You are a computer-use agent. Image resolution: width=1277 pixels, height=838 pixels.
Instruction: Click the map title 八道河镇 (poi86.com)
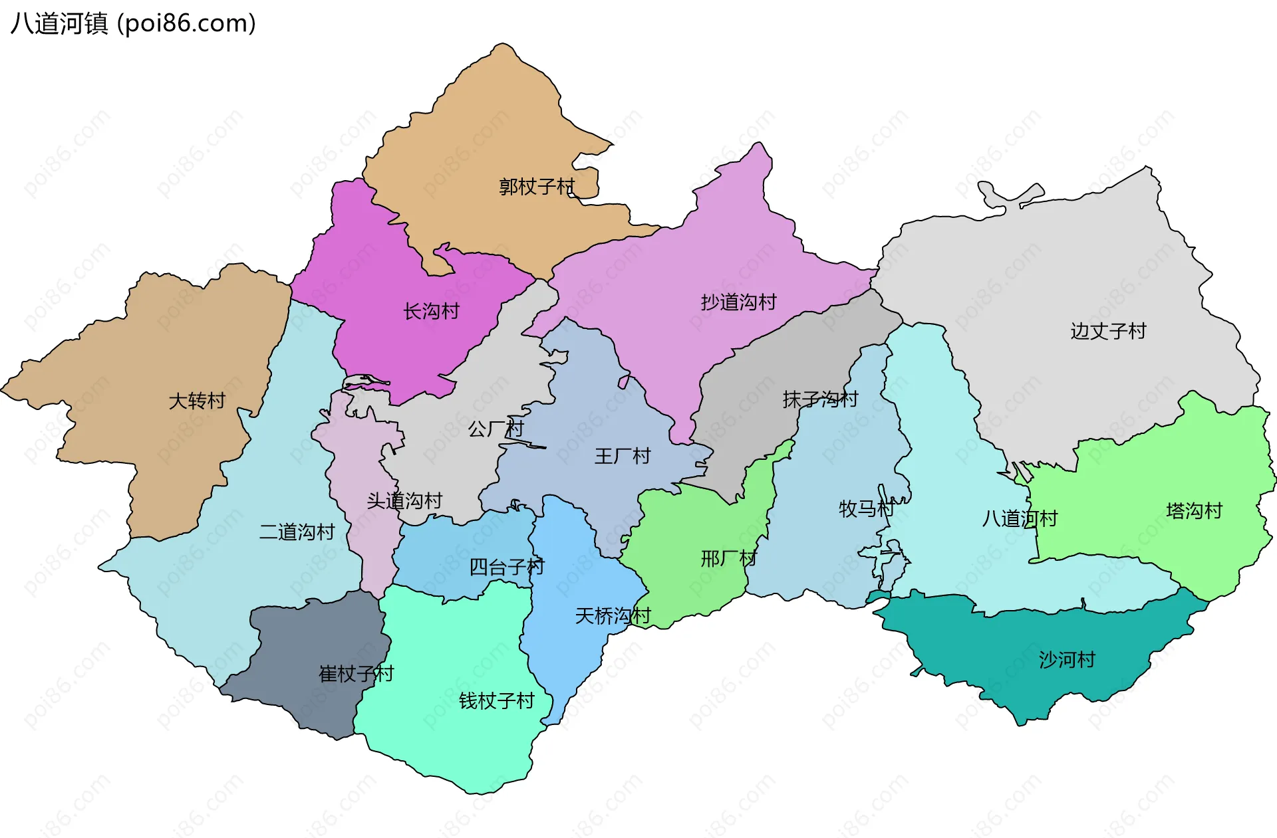(133, 24)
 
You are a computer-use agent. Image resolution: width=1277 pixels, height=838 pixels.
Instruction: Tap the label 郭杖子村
(537, 187)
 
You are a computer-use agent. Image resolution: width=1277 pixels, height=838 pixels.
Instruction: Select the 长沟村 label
(431, 311)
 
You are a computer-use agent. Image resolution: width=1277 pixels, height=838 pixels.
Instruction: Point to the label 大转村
(197, 401)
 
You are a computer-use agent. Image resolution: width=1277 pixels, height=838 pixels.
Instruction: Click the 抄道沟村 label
(738, 302)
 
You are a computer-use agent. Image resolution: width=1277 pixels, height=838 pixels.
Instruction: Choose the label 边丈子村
(1108, 331)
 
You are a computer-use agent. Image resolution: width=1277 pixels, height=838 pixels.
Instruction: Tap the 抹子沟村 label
(820, 399)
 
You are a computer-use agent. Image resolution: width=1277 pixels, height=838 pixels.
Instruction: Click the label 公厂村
(496, 429)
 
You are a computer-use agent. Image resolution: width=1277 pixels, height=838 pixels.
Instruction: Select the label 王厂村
(622, 457)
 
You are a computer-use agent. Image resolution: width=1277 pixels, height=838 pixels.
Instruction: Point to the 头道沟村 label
(404, 500)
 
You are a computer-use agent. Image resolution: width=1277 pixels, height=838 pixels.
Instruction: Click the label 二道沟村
(297, 532)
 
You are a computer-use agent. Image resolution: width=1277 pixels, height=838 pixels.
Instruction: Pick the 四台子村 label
(507, 567)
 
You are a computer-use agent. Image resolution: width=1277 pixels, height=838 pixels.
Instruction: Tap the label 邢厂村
(728, 558)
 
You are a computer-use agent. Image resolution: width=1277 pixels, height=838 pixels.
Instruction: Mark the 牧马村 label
(867, 509)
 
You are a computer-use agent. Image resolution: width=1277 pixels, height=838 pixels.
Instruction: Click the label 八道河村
(1020, 518)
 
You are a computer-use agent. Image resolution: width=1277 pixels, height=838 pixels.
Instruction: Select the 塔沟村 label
(1194, 511)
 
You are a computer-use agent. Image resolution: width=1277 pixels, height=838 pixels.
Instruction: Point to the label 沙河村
(1067, 660)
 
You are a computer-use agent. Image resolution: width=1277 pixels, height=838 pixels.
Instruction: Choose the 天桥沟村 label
(613, 616)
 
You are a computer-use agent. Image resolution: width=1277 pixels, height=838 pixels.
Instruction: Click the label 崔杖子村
(356, 674)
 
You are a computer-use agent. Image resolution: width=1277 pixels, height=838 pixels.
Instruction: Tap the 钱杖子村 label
(497, 701)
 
